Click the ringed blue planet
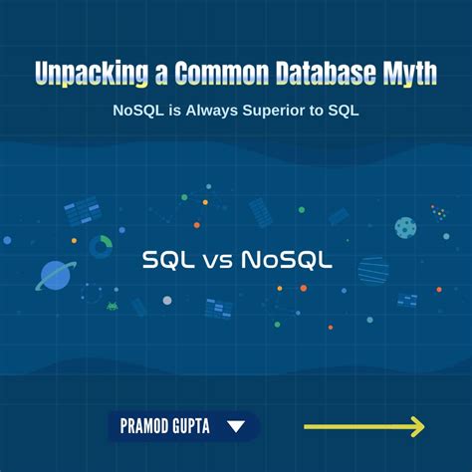[x=55, y=275]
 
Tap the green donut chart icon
[x=101, y=245]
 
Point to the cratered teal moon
[x=405, y=228]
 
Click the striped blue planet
[x=372, y=269]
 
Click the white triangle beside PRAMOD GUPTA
[x=236, y=427]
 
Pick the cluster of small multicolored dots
[x=439, y=212]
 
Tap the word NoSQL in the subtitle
[x=138, y=111]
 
